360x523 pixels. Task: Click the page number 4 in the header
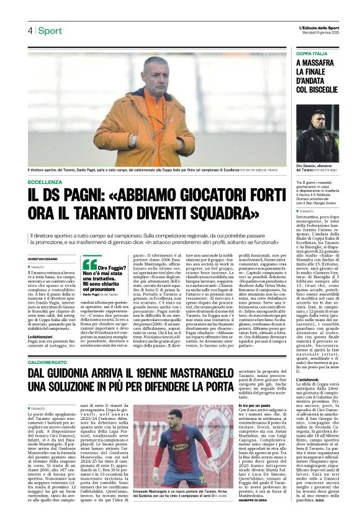click(x=29, y=30)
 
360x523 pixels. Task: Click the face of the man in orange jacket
click(x=153, y=78)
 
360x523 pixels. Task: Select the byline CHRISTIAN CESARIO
click(x=43, y=258)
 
